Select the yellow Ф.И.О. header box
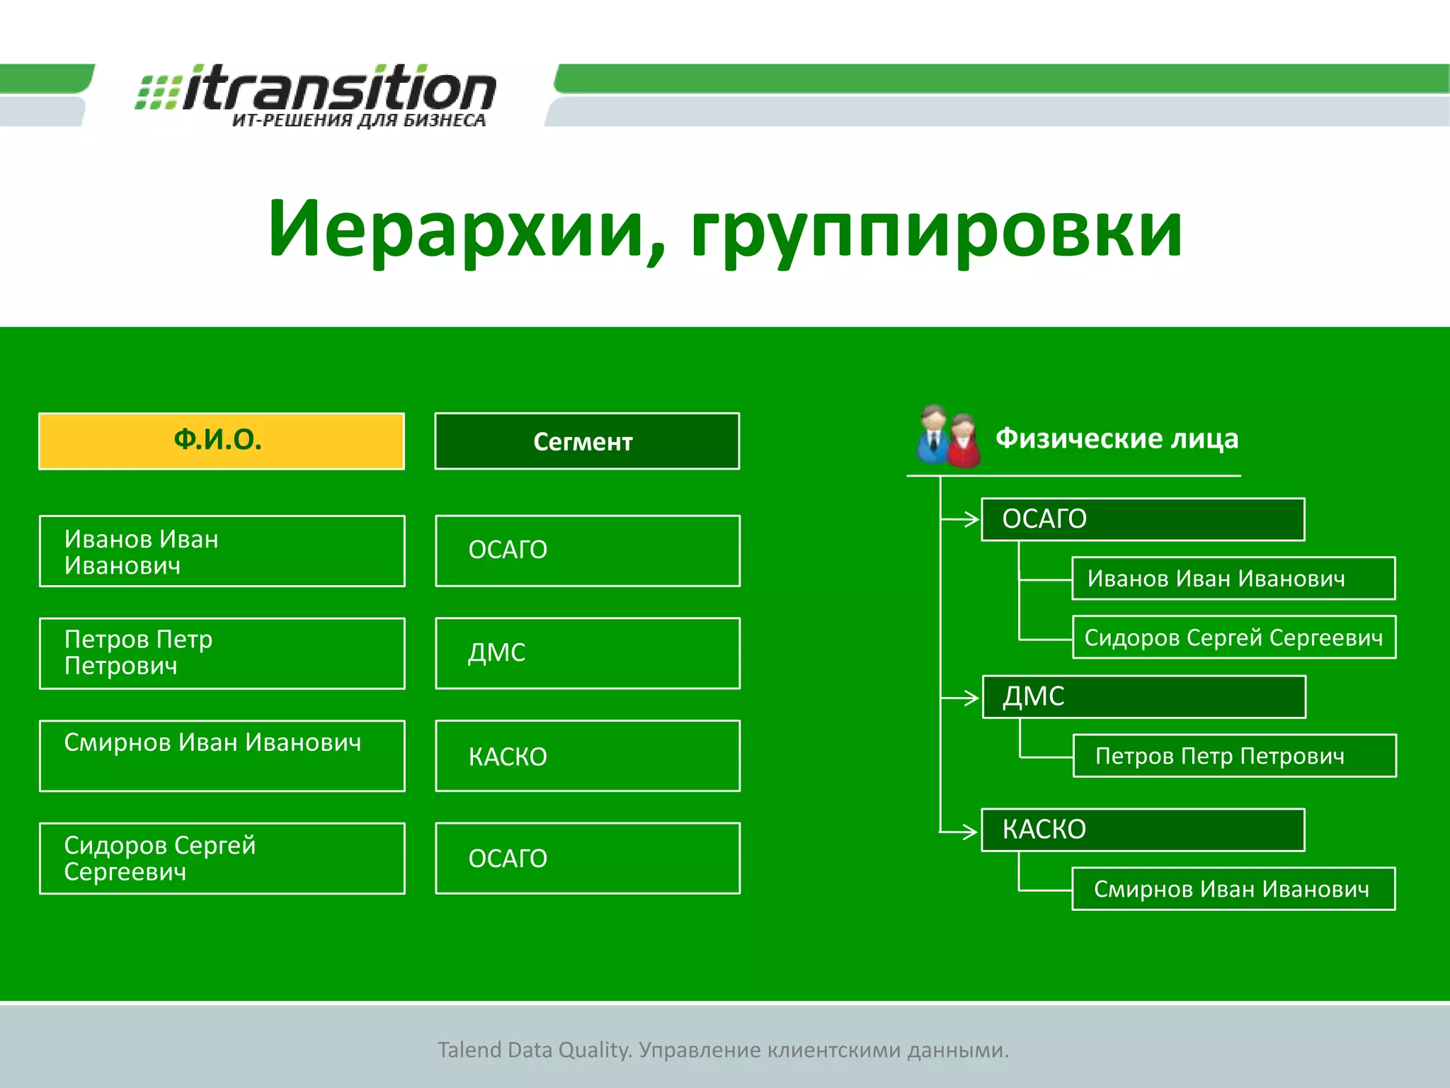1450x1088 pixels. pos(221,441)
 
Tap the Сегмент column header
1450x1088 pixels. pos(587,441)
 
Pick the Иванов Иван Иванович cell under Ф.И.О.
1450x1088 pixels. pos(222,551)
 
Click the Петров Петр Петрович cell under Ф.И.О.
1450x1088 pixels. pos(222,653)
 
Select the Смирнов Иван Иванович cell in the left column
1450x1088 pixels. pos(222,756)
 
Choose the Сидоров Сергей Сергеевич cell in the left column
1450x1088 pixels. pos(222,858)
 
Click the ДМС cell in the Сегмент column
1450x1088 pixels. pos(587,653)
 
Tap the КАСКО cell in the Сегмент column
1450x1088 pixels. pos(587,756)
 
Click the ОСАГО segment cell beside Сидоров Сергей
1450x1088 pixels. pos(587,858)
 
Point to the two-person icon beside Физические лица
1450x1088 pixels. pos(948,437)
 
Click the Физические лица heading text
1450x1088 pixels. pos(1117,438)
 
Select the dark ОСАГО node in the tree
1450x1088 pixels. pos(1142,519)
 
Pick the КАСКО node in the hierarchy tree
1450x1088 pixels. pos(1142,829)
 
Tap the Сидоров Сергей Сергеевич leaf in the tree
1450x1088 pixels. pos(1233,637)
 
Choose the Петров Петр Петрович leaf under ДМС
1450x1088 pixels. pos(1234,756)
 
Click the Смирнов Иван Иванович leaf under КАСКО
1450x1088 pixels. pos(1233,888)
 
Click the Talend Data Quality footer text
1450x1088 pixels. pos(723,1050)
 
